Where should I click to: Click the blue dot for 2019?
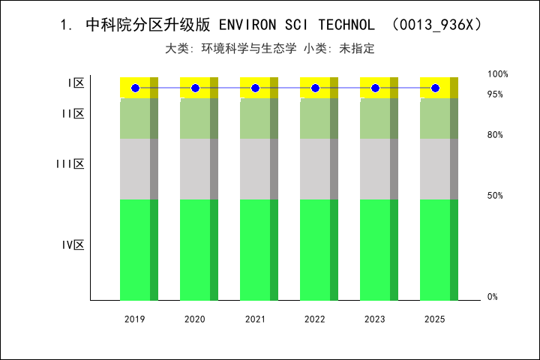point(135,88)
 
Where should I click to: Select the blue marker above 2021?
point(255,88)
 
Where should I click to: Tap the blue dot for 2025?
point(435,88)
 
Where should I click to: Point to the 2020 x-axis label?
point(195,319)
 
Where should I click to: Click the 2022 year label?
point(315,319)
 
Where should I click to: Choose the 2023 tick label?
point(375,319)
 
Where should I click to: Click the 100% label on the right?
point(498,74)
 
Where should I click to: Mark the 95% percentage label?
point(495,94)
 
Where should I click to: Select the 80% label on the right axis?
point(495,135)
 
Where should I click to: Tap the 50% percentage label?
point(495,196)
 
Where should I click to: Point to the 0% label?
point(493,297)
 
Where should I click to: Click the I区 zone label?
point(76,83)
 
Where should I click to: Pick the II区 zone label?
point(73,114)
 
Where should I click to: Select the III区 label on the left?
point(70,164)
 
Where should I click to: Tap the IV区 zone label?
point(73,245)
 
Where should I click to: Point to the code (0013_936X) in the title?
point(436,25)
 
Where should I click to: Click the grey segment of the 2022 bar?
point(315,169)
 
